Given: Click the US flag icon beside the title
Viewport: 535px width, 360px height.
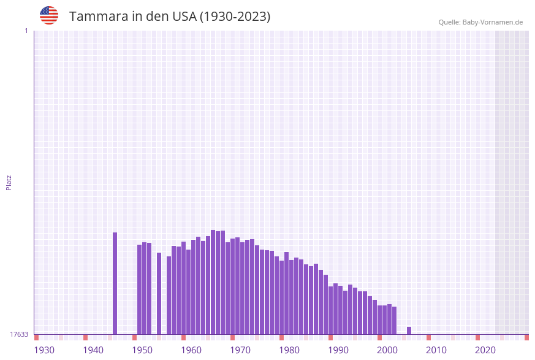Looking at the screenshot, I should point(49,15).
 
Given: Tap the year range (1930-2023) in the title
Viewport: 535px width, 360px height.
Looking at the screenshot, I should point(235,17).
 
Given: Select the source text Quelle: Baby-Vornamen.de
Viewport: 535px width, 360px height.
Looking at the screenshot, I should point(480,22).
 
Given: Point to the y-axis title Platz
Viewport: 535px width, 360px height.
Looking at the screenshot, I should point(9,182).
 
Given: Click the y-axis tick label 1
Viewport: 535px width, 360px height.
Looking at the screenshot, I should point(26,31).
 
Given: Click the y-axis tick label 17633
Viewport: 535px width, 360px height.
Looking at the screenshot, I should point(19,334).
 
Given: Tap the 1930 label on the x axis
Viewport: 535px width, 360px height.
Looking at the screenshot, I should point(44,350).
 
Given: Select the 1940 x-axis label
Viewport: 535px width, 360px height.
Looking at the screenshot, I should point(93,350).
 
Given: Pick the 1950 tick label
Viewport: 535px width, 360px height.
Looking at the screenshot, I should point(142,350).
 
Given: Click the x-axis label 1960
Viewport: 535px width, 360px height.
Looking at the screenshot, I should point(191,350).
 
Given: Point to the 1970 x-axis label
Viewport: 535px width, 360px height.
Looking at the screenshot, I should point(240,350).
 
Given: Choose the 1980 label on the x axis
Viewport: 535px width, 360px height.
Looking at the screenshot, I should point(289,350).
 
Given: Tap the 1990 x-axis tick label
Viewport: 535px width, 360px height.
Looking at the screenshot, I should point(338,350).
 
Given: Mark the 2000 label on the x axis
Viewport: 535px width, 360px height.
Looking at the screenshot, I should point(387,350).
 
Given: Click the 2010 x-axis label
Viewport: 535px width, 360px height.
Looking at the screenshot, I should point(436,350).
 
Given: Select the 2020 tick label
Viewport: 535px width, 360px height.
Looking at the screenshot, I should point(485,350).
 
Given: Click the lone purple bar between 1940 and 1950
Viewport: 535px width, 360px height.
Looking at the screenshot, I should point(115,283).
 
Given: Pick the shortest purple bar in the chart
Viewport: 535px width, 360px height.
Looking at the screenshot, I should point(409,331).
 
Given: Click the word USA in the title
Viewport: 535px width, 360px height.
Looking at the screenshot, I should point(184,17).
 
